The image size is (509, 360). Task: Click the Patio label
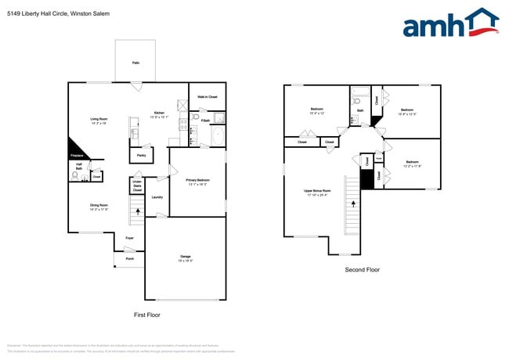tap(135, 63)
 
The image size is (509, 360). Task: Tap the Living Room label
tap(98, 119)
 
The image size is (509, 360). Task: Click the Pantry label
tap(141, 155)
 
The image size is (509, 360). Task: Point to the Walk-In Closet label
tap(208, 96)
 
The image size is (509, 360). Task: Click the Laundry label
tap(157, 196)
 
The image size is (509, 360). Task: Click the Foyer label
tap(129, 237)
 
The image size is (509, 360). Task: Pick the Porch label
tap(129, 257)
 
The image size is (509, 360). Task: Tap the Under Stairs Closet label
tap(137, 185)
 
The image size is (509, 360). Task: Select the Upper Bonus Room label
tap(317, 191)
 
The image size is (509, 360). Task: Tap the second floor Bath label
tap(360, 110)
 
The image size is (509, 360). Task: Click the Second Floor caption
tap(363, 269)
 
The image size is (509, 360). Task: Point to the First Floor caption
tap(147, 314)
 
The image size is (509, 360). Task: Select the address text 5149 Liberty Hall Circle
tap(48, 13)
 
